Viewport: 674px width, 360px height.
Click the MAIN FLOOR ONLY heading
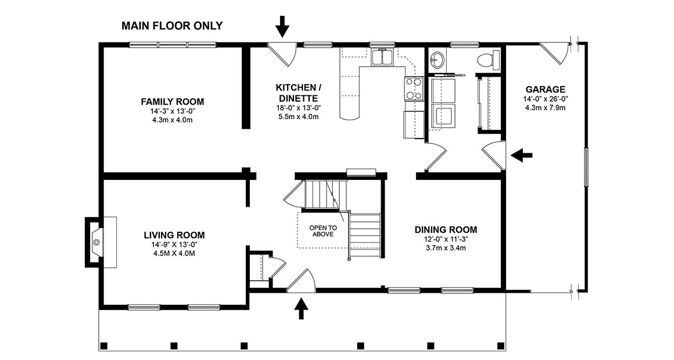[171, 26]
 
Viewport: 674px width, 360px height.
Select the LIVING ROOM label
[174, 235]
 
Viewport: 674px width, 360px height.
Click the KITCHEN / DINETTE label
[299, 92]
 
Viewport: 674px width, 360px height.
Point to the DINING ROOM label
[446, 229]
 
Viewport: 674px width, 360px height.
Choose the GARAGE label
[545, 89]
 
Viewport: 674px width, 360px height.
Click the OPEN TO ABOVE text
[322, 231]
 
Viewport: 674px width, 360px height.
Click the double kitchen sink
[382, 57]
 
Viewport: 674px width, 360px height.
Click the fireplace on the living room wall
[96, 241]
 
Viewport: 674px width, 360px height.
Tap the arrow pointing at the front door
[301, 308]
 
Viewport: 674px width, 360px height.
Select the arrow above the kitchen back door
[282, 26]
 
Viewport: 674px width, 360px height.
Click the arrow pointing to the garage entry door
[522, 154]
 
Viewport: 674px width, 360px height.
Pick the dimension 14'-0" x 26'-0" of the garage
[545, 99]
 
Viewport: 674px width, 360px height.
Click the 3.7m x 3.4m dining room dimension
[446, 248]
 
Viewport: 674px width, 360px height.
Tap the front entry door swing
[303, 282]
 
